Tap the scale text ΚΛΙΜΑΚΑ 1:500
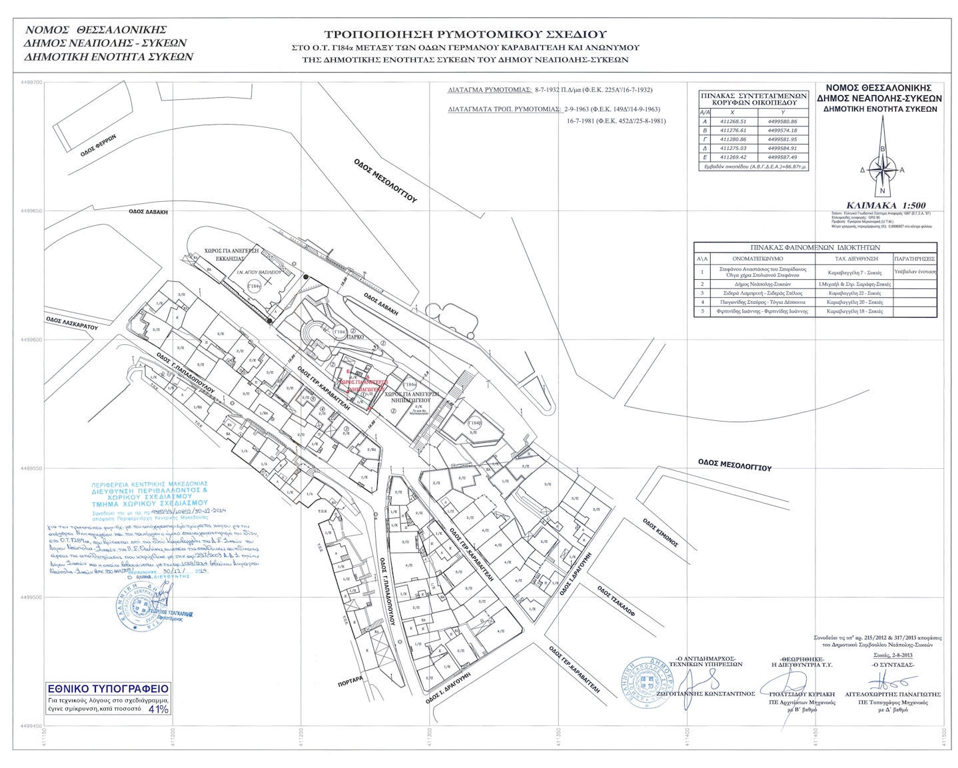[x=885, y=205]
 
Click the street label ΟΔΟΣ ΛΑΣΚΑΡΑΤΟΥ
[x=72, y=324]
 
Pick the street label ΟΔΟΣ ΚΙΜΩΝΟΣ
[x=660, y=533]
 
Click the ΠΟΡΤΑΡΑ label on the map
[x=350, y=681]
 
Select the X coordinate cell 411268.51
[x=733, y=122]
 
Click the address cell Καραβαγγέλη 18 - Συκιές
[x=854, y=311]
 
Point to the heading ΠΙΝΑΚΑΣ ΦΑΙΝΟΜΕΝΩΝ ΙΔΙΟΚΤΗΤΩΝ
[x=815, y=246]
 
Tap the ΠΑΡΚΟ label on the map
[x=354, y=337]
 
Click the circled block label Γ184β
[x=474, y=423]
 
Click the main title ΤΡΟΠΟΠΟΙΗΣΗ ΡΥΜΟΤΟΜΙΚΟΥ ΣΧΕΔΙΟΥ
[x=465, y=33]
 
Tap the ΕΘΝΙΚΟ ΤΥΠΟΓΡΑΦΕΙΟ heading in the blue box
[x=108, y=689]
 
